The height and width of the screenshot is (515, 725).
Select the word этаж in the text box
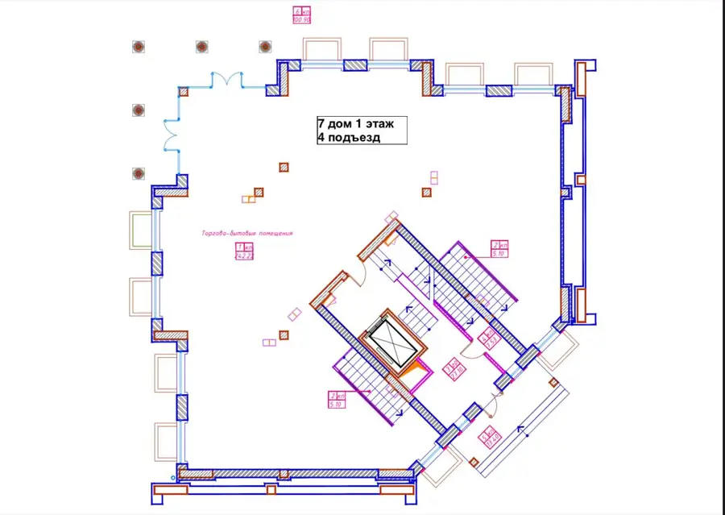[x=378, y=124]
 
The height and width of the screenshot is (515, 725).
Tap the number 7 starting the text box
[x=321, y=124]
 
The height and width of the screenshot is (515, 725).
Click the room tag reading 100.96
[x=302, y=15]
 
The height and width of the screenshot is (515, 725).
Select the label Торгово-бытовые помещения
[x=246, y=234]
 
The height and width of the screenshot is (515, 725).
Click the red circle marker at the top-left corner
[x=138, y=46]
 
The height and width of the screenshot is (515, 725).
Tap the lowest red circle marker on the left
[x=138, y=172]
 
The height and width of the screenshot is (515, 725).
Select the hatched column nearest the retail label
[x=259, y=192]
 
